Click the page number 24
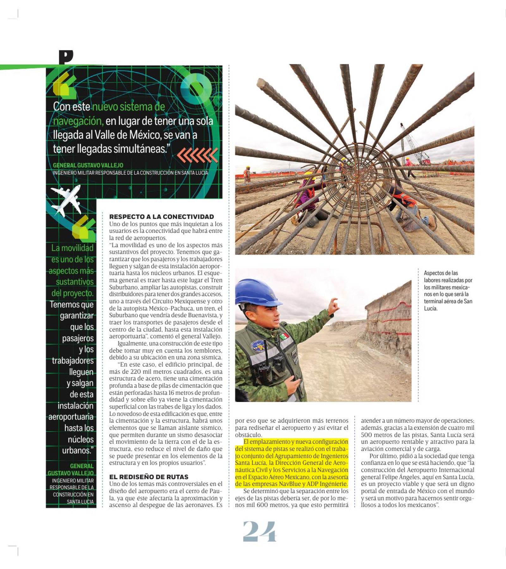(259, 531)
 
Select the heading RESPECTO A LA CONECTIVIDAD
(161, 217)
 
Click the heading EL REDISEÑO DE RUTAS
(149, 477)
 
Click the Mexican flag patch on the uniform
(284, 336)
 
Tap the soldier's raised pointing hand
(333, 306)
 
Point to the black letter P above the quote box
(66, 57)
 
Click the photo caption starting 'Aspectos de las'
(448, 290)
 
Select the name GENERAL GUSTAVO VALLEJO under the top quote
(88, 165)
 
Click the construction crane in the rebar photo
(414, 145)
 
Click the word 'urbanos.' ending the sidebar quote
(78, 450)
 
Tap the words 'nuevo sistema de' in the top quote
(128, 107)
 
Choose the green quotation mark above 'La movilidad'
(83, 228)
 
